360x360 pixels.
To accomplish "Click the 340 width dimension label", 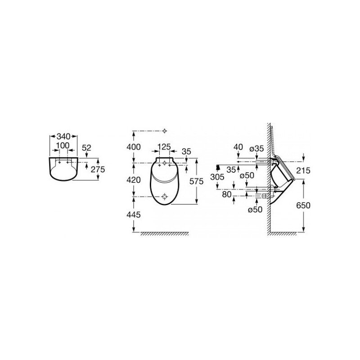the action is tap(63, 136).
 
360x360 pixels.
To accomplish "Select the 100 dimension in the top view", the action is tap(63, 145).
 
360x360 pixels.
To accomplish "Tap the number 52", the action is tap(86, 148).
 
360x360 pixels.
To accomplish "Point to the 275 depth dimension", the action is tap(98, 170).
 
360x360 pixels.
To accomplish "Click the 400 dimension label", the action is tap(134, 147).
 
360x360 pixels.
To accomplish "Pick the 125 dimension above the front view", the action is tap(164, 147).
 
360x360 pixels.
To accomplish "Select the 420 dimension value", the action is tap(134, 180).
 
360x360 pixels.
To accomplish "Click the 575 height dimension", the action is tap(196, 181).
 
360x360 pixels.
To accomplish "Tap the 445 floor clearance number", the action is tap(134, 215).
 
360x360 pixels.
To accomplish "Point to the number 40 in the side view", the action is tap(238, 147).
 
